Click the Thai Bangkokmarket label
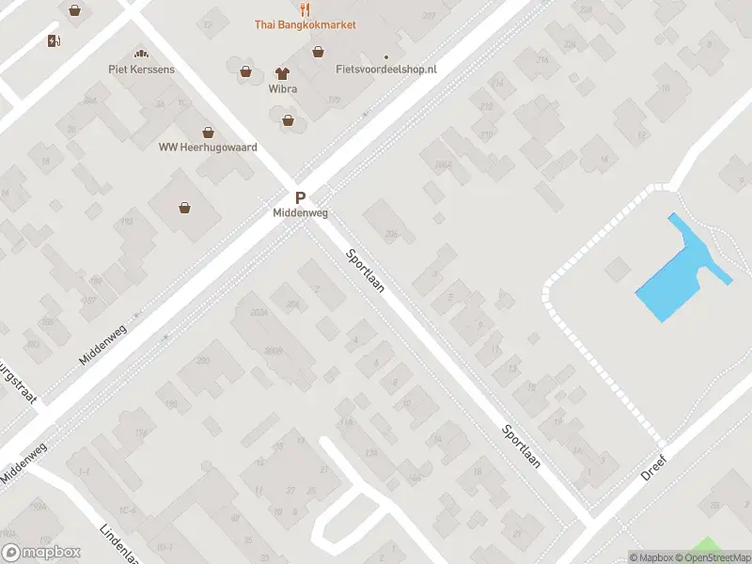[305, 24]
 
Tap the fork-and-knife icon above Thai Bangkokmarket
[305, 8]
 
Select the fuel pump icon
[54, 39]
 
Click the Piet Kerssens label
[141, 69]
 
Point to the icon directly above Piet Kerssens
[141, 54]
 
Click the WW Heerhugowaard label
[208, 148]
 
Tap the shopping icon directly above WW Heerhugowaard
[208, 133]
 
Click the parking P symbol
[301, 198]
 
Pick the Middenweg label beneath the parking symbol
[301, 213]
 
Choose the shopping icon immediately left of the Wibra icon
[246, 70]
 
